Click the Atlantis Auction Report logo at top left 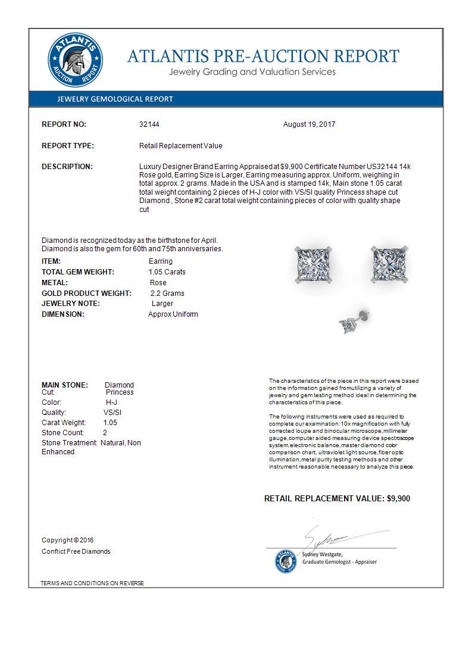click(75, 60)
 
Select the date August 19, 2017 click(310, 124)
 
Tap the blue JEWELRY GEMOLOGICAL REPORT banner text click(115, 99)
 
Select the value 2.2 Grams click(167, 294)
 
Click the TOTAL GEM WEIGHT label click(78, 272)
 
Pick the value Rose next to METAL click(158, 283)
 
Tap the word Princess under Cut click(120, 392)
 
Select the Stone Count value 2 click(105, 433)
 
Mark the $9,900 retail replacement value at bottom click(398, 499)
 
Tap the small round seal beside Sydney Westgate click(286, 561)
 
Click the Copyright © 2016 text click(67, 540)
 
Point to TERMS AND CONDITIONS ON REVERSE click(92, 583)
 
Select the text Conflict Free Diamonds click(76, 551)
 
